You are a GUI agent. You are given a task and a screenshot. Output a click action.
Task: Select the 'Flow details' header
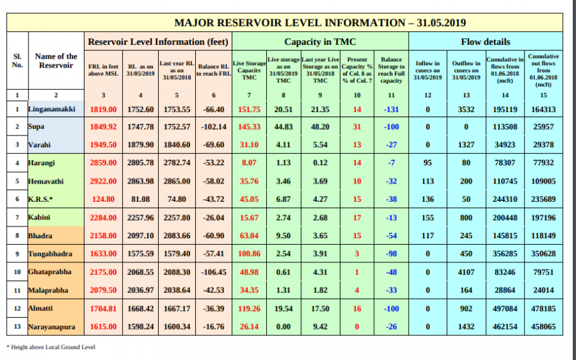click(x=485, y=42)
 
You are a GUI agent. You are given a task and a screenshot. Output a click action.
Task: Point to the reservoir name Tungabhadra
click(x=50, y=253)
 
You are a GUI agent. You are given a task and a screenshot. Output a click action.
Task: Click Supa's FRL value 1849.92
click(x=103, y=127)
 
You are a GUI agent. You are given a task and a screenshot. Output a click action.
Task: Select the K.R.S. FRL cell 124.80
click(x=103, y=199)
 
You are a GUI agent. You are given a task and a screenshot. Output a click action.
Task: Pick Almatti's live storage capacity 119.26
click(x=250, y=307)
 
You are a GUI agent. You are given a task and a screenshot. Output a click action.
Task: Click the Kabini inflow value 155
click(x=428, y=217)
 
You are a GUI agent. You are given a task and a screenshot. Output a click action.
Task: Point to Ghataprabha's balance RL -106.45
click(x=213, y=271)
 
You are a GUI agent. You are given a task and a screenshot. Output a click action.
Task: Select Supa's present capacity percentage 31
click(x=357, y=127)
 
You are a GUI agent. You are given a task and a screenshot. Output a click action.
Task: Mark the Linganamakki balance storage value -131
click(x=391, y=109)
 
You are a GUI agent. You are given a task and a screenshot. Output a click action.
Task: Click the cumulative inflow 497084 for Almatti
click(x=504, y=307)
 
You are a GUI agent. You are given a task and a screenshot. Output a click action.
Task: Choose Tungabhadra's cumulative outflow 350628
click(x=543, y=253)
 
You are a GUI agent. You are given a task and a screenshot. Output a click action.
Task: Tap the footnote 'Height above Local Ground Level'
click(x=53, y=347)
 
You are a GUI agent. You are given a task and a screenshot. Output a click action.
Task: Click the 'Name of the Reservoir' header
click(x=56, y=61)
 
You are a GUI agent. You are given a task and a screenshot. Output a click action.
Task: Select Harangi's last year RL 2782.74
click(x=176, y=163)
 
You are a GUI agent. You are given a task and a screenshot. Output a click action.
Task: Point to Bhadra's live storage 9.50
click(x=283, y=236)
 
